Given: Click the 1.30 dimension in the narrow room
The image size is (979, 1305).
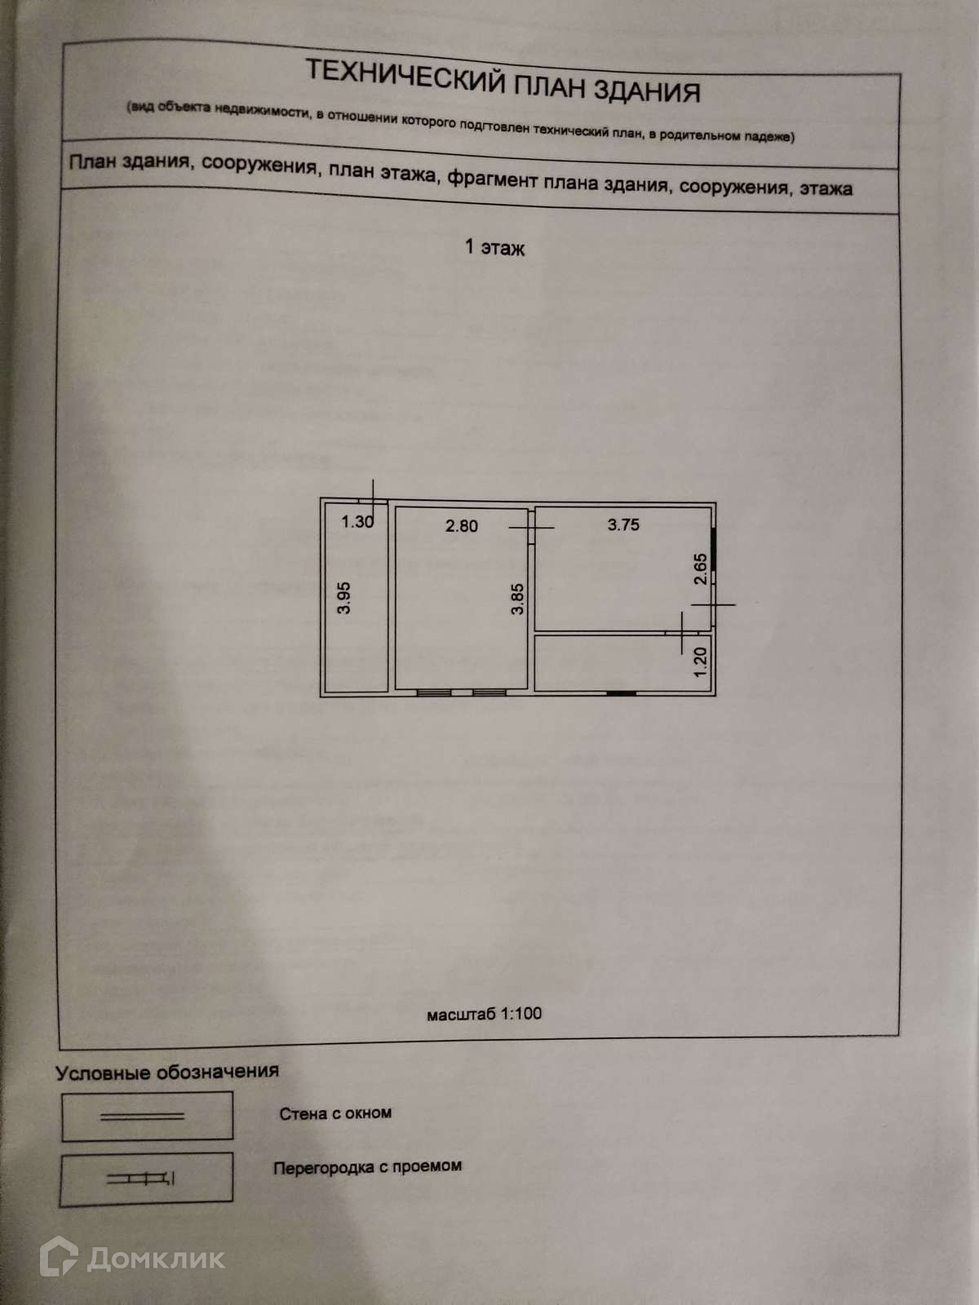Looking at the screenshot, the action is point(357,522).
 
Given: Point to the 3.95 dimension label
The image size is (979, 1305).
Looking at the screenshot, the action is point(344,597).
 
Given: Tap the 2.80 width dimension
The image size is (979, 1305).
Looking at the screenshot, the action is point(461,526).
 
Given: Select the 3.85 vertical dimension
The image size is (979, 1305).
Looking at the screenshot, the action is point(517,599).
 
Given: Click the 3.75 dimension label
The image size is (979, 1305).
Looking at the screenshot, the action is point(623,524).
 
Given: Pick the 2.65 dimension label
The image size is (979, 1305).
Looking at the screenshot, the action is point(700,569).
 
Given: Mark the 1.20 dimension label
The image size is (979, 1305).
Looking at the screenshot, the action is point(700,661).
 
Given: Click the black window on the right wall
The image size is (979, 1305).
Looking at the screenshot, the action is point(713,551).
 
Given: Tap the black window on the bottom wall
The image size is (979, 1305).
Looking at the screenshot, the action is point(622,693).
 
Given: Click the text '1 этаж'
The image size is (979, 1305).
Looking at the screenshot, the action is point(494,247).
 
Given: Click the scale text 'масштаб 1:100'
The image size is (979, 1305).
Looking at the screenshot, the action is point(484,1014).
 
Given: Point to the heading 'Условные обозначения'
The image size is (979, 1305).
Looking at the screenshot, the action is point(167,1072).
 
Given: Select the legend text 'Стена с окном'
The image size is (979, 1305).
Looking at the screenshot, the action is point(335,1113).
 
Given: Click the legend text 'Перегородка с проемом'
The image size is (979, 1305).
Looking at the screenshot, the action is point(367,1167).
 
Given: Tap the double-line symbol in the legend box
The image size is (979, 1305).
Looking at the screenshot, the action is point(142,1116).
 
